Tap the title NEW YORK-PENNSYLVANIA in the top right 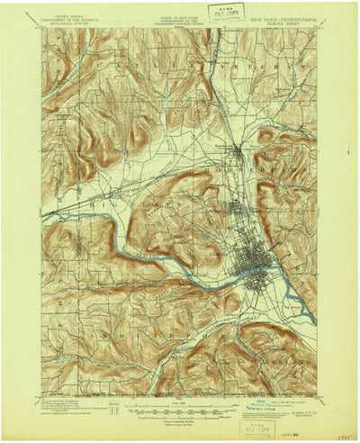tap(285, 17)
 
